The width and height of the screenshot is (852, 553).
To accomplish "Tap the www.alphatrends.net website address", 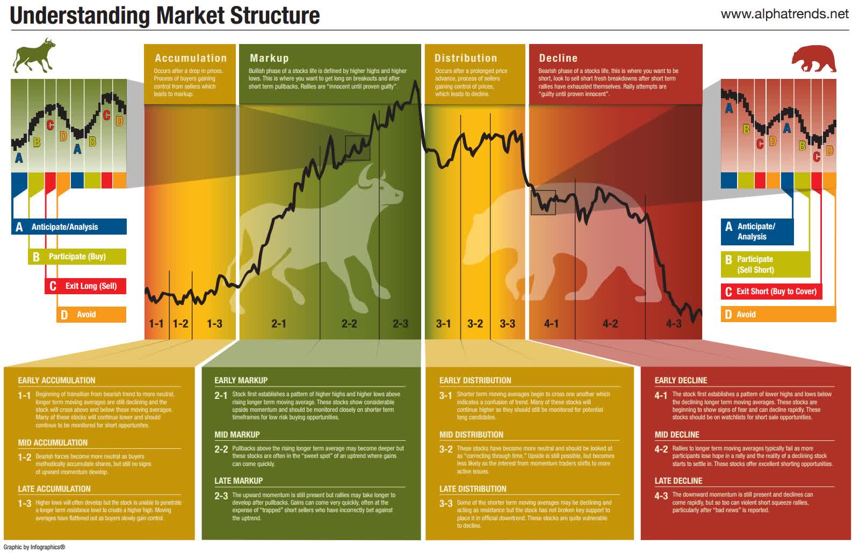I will pyautogui.click(x=784, y=14).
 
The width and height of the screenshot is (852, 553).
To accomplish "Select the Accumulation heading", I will pyautogui.click(x=191, y=58).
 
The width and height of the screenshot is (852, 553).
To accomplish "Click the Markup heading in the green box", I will pyautogui.click(x=269, y=58).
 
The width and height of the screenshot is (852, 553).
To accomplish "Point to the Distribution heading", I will pyautogui.click(x=465, y=58).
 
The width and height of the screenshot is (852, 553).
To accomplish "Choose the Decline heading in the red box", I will pyautogui.click(x=558, y=58).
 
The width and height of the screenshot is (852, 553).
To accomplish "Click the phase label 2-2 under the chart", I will pyautogui.click(x=349, y=324).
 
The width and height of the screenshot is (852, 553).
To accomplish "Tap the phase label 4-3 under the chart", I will pyautogui.click(x=673, y=324).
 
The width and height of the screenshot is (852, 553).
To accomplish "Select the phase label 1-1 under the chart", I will pyautogui.click(x=156, y=324).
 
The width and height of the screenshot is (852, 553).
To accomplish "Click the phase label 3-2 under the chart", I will pyautogui.click(x=475, y=324).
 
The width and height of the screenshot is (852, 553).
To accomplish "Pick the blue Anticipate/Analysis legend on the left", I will pyautogui.click(x=69, y=227).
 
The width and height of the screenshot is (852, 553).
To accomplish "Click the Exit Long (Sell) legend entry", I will pyautogui.click(x=85, y=286).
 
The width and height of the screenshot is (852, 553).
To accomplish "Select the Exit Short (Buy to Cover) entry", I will pyautogui.click(x=771, y=292).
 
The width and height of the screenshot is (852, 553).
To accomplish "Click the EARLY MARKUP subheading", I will pyautogui.click(x=241, y=381).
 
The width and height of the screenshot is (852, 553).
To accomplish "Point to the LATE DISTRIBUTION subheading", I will pyautogui.click(x=473, y=489).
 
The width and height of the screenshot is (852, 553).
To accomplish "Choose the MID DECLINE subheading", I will pyautogui.click(x=676, y=435).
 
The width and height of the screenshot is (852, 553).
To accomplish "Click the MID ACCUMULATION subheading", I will pyautogui.click(x=53, y=443).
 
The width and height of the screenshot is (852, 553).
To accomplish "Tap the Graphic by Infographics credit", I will pyautogui.click(x=34, y=547).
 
